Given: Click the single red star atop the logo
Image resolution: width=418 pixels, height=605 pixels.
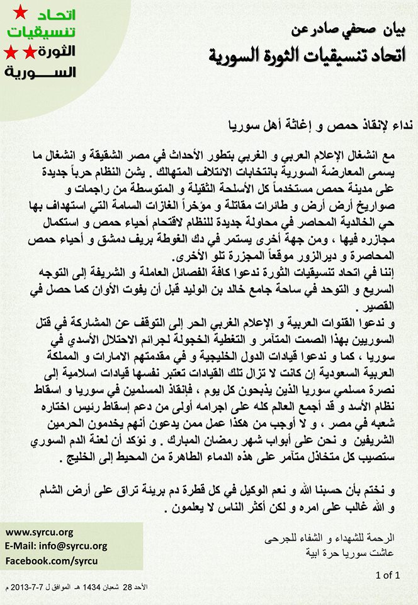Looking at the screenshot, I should [x=20, y=11].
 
